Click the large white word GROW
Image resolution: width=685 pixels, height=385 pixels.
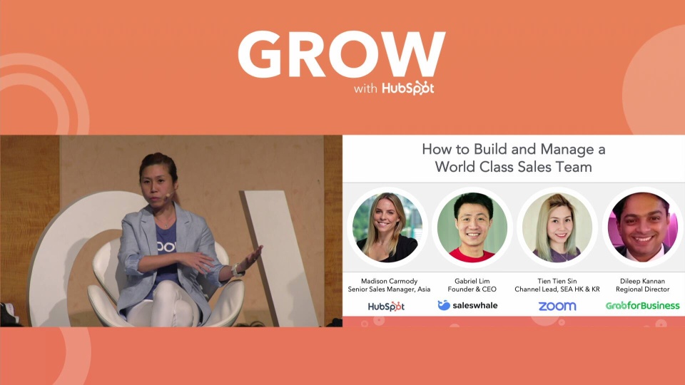(341, 54)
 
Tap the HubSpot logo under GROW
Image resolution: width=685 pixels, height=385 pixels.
(407, 88)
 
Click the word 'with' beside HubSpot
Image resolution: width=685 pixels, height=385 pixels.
(365, 89)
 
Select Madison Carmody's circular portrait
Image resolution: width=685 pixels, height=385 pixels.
(387, 226)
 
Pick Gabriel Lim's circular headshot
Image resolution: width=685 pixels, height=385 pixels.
(472, 226)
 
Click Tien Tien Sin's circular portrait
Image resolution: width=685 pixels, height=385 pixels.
(557, 226)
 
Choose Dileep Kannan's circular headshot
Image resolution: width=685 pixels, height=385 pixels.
(641, 226)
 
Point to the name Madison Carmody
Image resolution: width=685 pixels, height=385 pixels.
(389, 280)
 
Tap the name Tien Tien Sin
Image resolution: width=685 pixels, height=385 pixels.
(557, 280)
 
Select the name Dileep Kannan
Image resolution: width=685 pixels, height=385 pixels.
(642, 280)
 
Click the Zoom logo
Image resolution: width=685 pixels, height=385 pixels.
(557, 306)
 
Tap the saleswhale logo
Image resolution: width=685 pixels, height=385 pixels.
(468, 305)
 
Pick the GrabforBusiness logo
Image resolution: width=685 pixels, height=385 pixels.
(642, 306)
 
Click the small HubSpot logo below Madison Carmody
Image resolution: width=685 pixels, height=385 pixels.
(386, 306)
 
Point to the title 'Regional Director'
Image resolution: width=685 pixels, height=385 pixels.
(642, 289)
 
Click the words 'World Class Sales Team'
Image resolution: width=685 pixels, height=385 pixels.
(514, 168)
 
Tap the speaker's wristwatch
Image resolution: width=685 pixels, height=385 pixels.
(234, 270)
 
